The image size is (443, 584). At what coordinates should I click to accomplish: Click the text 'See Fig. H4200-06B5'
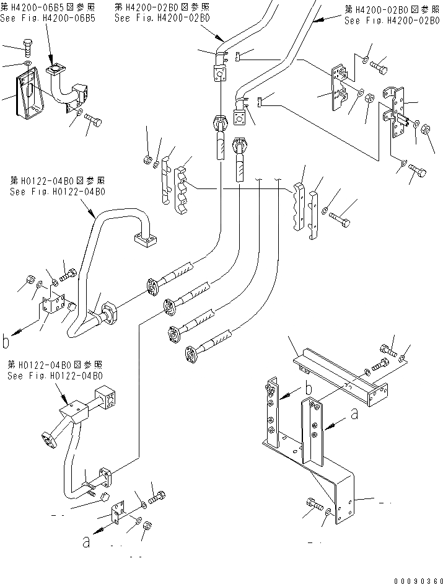(48, 18)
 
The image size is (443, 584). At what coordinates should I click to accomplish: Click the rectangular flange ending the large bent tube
(145, 239)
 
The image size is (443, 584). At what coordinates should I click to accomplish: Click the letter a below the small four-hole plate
(86, 542)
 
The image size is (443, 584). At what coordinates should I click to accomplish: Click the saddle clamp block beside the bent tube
(52, 302)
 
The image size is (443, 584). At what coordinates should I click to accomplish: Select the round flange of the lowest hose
(191, 354)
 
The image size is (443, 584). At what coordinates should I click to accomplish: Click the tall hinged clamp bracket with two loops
(397, 112)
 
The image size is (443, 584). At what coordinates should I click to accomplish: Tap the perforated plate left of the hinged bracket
(340, 87)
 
